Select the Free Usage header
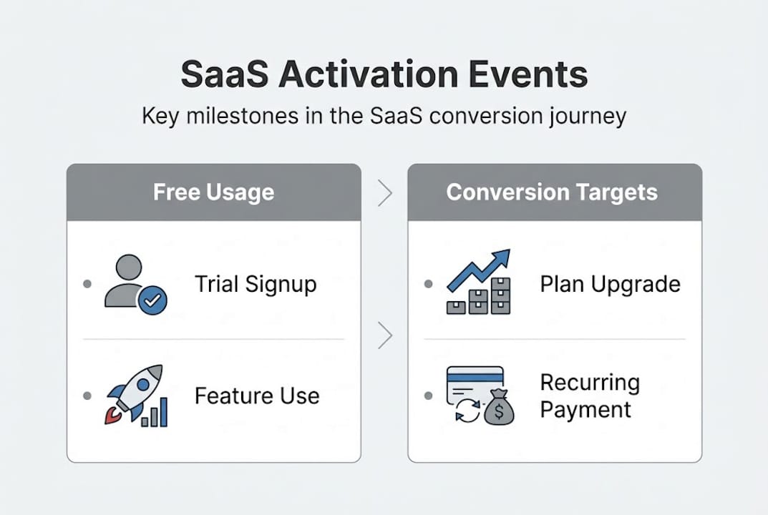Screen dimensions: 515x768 point(213,192)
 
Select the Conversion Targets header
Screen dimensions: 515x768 point(552,192)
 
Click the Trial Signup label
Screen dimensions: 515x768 point(256,284)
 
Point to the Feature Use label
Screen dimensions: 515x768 point(257,396)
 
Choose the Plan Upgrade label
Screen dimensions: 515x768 point(610,284)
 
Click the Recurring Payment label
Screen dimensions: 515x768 point(589,396)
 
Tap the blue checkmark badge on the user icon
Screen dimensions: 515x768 point(152,301)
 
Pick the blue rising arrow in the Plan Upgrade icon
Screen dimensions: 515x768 point(479,269)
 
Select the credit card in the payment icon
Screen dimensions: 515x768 point(474,383)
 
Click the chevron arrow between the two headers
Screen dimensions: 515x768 point(384,193)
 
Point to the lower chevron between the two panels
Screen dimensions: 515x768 point(384,335)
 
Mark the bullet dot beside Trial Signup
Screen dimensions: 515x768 point(87,284)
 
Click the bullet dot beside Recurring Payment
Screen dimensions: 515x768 point(428,396)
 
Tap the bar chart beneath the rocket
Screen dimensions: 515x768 point(155,413)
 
